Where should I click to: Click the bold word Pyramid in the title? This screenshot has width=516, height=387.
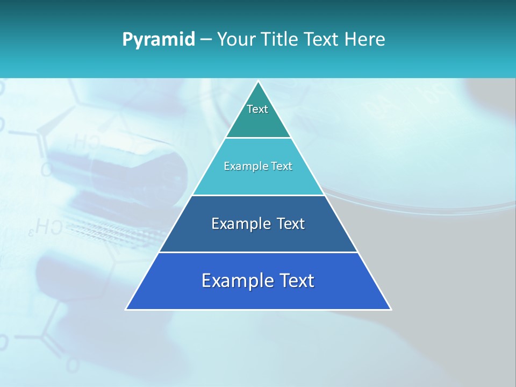click(x=159, y=40)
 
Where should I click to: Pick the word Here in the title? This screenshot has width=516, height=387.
click(x=365, y=39)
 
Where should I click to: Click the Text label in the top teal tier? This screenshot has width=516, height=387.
click(x=257, y=109)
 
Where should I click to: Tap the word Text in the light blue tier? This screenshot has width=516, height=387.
click(x=282, y=166)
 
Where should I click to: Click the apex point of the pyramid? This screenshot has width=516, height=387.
click(x=258, y=82)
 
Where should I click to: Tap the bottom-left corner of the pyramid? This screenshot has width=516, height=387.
click(x=126, y=309)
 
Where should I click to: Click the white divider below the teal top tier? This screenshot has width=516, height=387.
click(x=258, y=138)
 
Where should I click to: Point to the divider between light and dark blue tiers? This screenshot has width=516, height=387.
click(x=258, y=195)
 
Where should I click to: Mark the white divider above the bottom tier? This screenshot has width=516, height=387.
click(x=258, y=252)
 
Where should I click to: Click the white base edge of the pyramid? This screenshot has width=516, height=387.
click(x=258, y=310)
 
